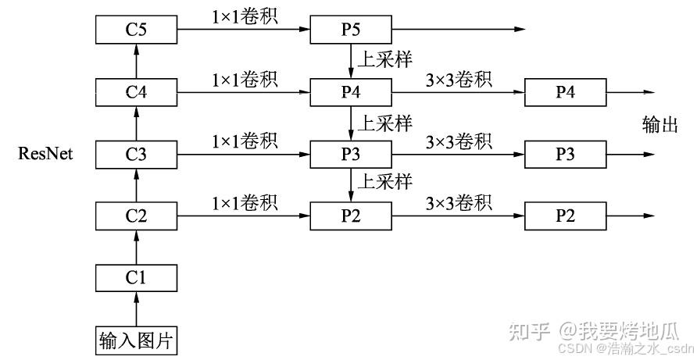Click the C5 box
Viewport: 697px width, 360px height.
click(137, 30)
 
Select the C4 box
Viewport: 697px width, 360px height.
click(137, 92)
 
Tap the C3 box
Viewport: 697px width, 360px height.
click(137, 154)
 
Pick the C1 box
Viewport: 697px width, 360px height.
click(137, 277)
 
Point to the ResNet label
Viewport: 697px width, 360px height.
click(45, 154)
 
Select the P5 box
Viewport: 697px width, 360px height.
click(351, 30)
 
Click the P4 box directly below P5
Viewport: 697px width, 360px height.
click(351, 92)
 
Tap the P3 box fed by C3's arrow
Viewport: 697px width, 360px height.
click(351, 154)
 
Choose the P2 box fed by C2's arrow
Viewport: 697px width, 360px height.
click(351, 216)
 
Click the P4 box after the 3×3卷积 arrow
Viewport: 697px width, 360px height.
click(565, 92)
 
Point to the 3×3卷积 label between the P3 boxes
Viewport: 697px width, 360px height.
click(459, 141)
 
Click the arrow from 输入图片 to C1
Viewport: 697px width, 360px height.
click(137, 308)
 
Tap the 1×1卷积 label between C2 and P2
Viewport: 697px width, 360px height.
click(245, 202)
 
